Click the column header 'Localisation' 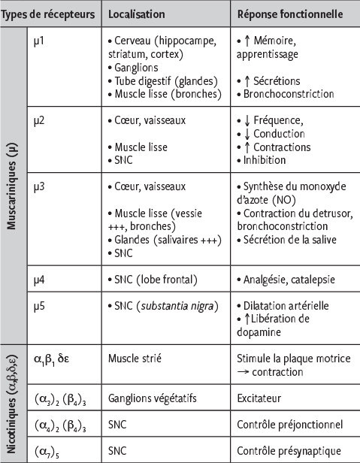(136, 14)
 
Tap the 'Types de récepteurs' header (49, 14)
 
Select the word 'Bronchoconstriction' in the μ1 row (285, 94)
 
